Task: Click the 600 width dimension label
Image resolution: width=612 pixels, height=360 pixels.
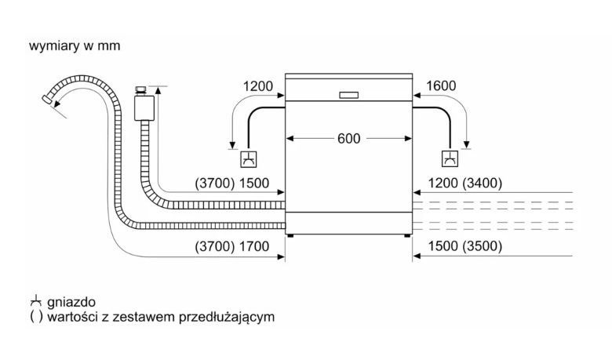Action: (348, 138)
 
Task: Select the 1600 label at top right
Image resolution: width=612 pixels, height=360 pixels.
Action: (440, 86)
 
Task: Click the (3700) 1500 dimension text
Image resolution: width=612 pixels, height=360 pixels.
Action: (232, 184)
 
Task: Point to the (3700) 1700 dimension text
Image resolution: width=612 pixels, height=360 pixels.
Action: (232, 246)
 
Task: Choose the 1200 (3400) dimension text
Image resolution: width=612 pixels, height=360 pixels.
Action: (465, 184)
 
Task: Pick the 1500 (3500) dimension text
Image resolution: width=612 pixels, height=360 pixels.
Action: (465, 246)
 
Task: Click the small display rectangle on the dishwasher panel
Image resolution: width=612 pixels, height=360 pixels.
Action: (348, 95)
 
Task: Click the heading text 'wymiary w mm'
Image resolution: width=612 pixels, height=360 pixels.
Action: (75, 46)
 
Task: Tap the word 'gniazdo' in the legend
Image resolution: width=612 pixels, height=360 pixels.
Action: (72, 302)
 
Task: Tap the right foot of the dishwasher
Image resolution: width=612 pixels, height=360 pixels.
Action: (406, 234)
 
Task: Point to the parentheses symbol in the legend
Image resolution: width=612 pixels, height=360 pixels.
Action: (35, 318)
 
